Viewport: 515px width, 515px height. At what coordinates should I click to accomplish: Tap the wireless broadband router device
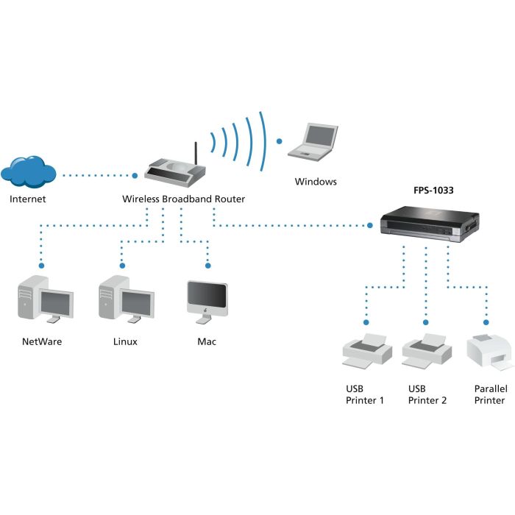(174, 172)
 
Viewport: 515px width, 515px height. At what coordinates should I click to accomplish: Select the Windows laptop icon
(314, 141)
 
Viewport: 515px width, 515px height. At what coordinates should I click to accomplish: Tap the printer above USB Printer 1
(366, 350)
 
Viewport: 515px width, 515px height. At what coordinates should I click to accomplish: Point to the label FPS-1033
(433, 190)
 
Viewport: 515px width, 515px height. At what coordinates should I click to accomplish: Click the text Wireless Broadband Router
(183, 199)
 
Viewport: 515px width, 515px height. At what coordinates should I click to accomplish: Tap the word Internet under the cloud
(28, 199)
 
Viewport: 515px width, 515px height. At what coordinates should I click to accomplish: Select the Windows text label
(316, 181)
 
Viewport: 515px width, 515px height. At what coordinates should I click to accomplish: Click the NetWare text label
(42, 341)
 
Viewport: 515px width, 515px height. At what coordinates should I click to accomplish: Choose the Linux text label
(125, 341)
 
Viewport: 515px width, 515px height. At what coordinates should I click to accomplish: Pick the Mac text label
(207, 341)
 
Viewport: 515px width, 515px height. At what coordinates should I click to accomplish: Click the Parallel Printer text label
(490, 394)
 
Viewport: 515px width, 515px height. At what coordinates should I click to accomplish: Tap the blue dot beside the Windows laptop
(279, 140)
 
